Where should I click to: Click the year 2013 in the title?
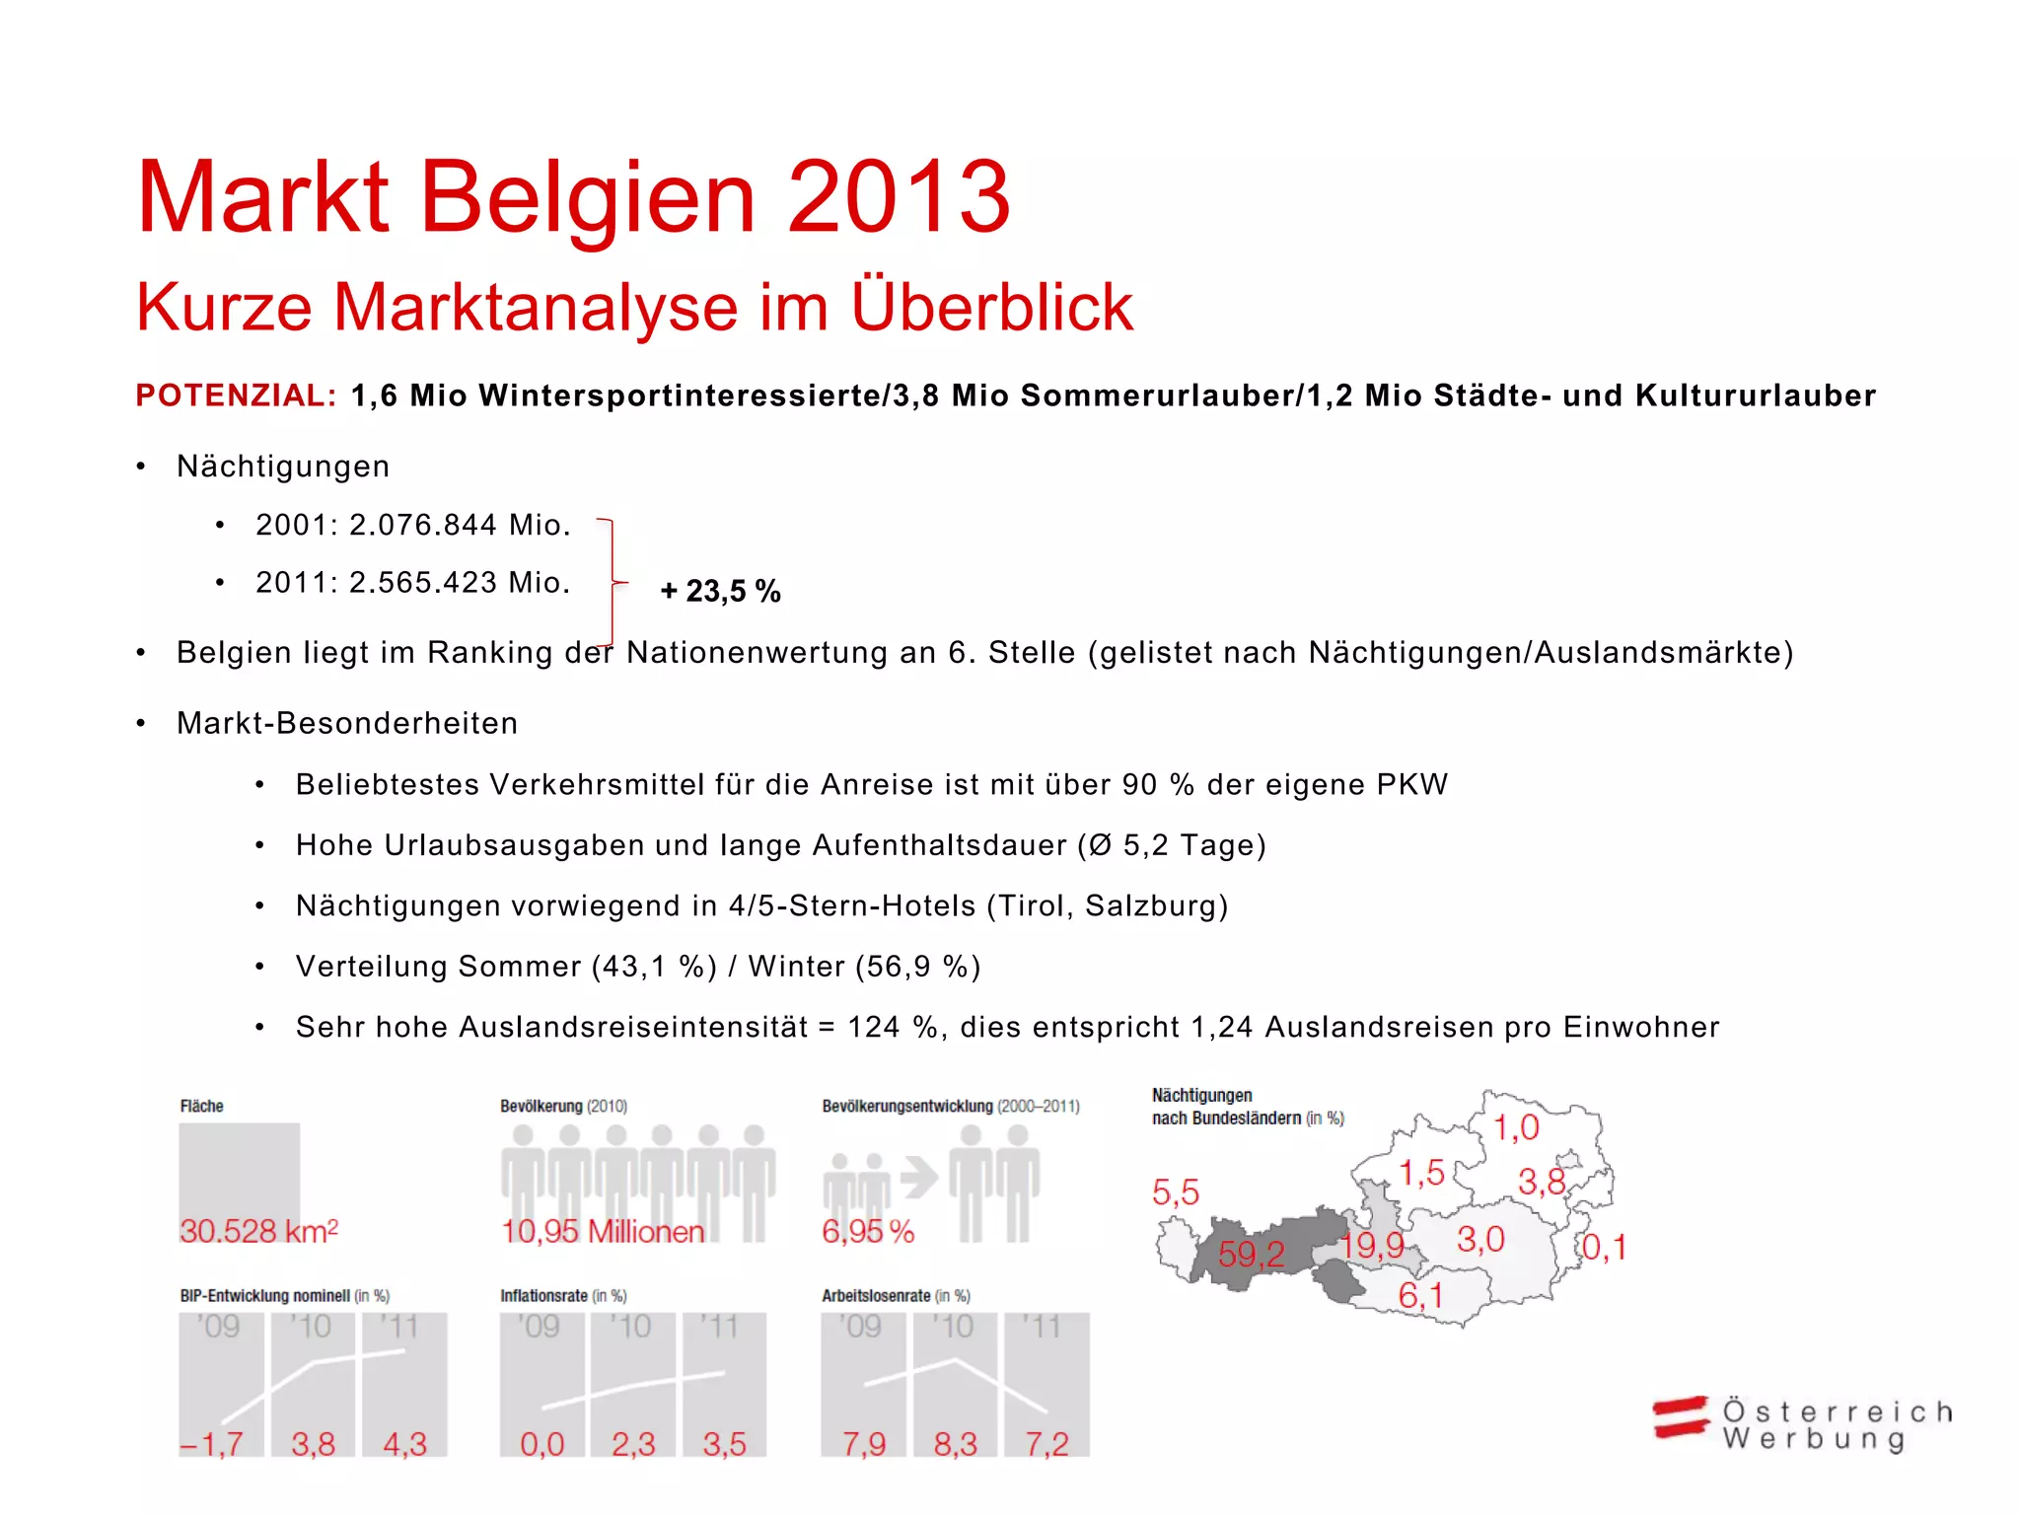[899, 197]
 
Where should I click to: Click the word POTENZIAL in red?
[236, 396]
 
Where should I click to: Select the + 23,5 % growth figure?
[720, 591]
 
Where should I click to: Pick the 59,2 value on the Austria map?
[1251, 1255]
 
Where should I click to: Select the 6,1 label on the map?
[1420, 1295]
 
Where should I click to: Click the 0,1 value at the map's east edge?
[1604, 1248]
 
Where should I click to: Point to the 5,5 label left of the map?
[1175, 1192]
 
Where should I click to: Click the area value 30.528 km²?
[258, 1231]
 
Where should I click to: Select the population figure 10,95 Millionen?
[603, 1231]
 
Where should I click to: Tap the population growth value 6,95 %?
[868, 1231]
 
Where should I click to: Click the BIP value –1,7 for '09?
[212, 1444]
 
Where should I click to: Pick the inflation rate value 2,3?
[632, 1444]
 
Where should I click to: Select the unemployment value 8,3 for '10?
[955, 1444]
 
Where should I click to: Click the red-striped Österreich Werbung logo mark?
[1681, 1418]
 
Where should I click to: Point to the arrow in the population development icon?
[919, 1177]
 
